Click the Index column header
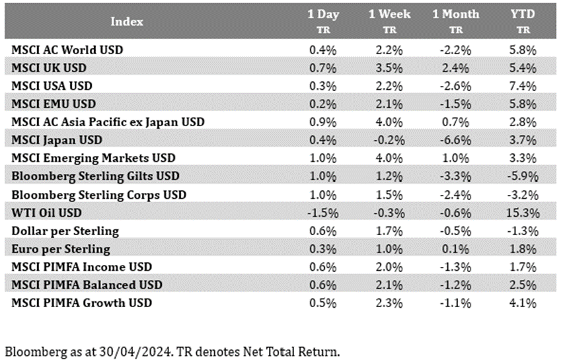point(127,22)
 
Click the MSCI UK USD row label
point(49,68)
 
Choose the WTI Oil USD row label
point(47,213)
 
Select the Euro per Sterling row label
point(61,249)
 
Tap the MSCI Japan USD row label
point(57,140)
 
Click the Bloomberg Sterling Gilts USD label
point(96,176)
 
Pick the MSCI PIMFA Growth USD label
point(82,303)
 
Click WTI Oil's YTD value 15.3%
point(523,213)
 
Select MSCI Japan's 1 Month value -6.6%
point(456,140)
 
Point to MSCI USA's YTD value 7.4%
point(523,86)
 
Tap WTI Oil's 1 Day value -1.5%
point(322,213)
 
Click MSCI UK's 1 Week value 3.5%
point(390,68)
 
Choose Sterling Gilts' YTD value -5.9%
point(523,176)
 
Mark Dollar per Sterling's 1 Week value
point(390,231)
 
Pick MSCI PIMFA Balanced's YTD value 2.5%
point(523,285)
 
